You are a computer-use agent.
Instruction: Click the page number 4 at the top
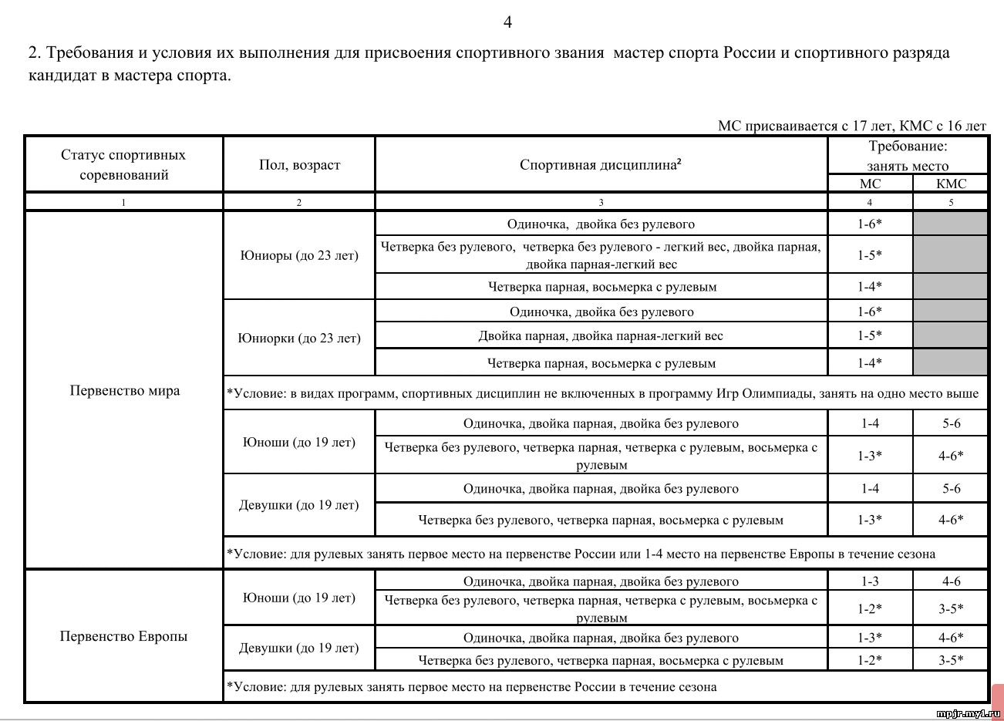tap(507, 22)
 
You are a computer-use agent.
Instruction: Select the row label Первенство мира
tap(125, 390)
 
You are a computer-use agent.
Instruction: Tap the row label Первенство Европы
tap(123, 636)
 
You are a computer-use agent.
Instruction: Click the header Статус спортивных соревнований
tap(123, 164)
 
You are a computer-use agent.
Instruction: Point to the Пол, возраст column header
tap(299, 165)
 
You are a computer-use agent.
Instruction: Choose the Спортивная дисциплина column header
tap(600, 165)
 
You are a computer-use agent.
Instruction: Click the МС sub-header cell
tap(870, 184)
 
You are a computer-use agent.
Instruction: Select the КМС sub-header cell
tap(950, 184)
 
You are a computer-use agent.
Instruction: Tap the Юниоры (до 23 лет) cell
tap(299, 255)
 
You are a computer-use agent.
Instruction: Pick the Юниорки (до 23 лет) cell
tap(299, 338)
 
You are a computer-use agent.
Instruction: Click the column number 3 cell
tap(601, 202)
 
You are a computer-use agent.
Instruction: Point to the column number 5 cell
tap(950, 202)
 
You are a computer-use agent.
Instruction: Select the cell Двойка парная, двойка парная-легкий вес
tap(601, 335)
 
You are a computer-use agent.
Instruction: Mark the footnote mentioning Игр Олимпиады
tap(601, 393)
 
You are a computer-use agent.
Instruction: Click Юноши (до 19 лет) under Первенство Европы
tap(299, 598)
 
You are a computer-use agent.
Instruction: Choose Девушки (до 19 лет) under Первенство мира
tap(299, 505)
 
